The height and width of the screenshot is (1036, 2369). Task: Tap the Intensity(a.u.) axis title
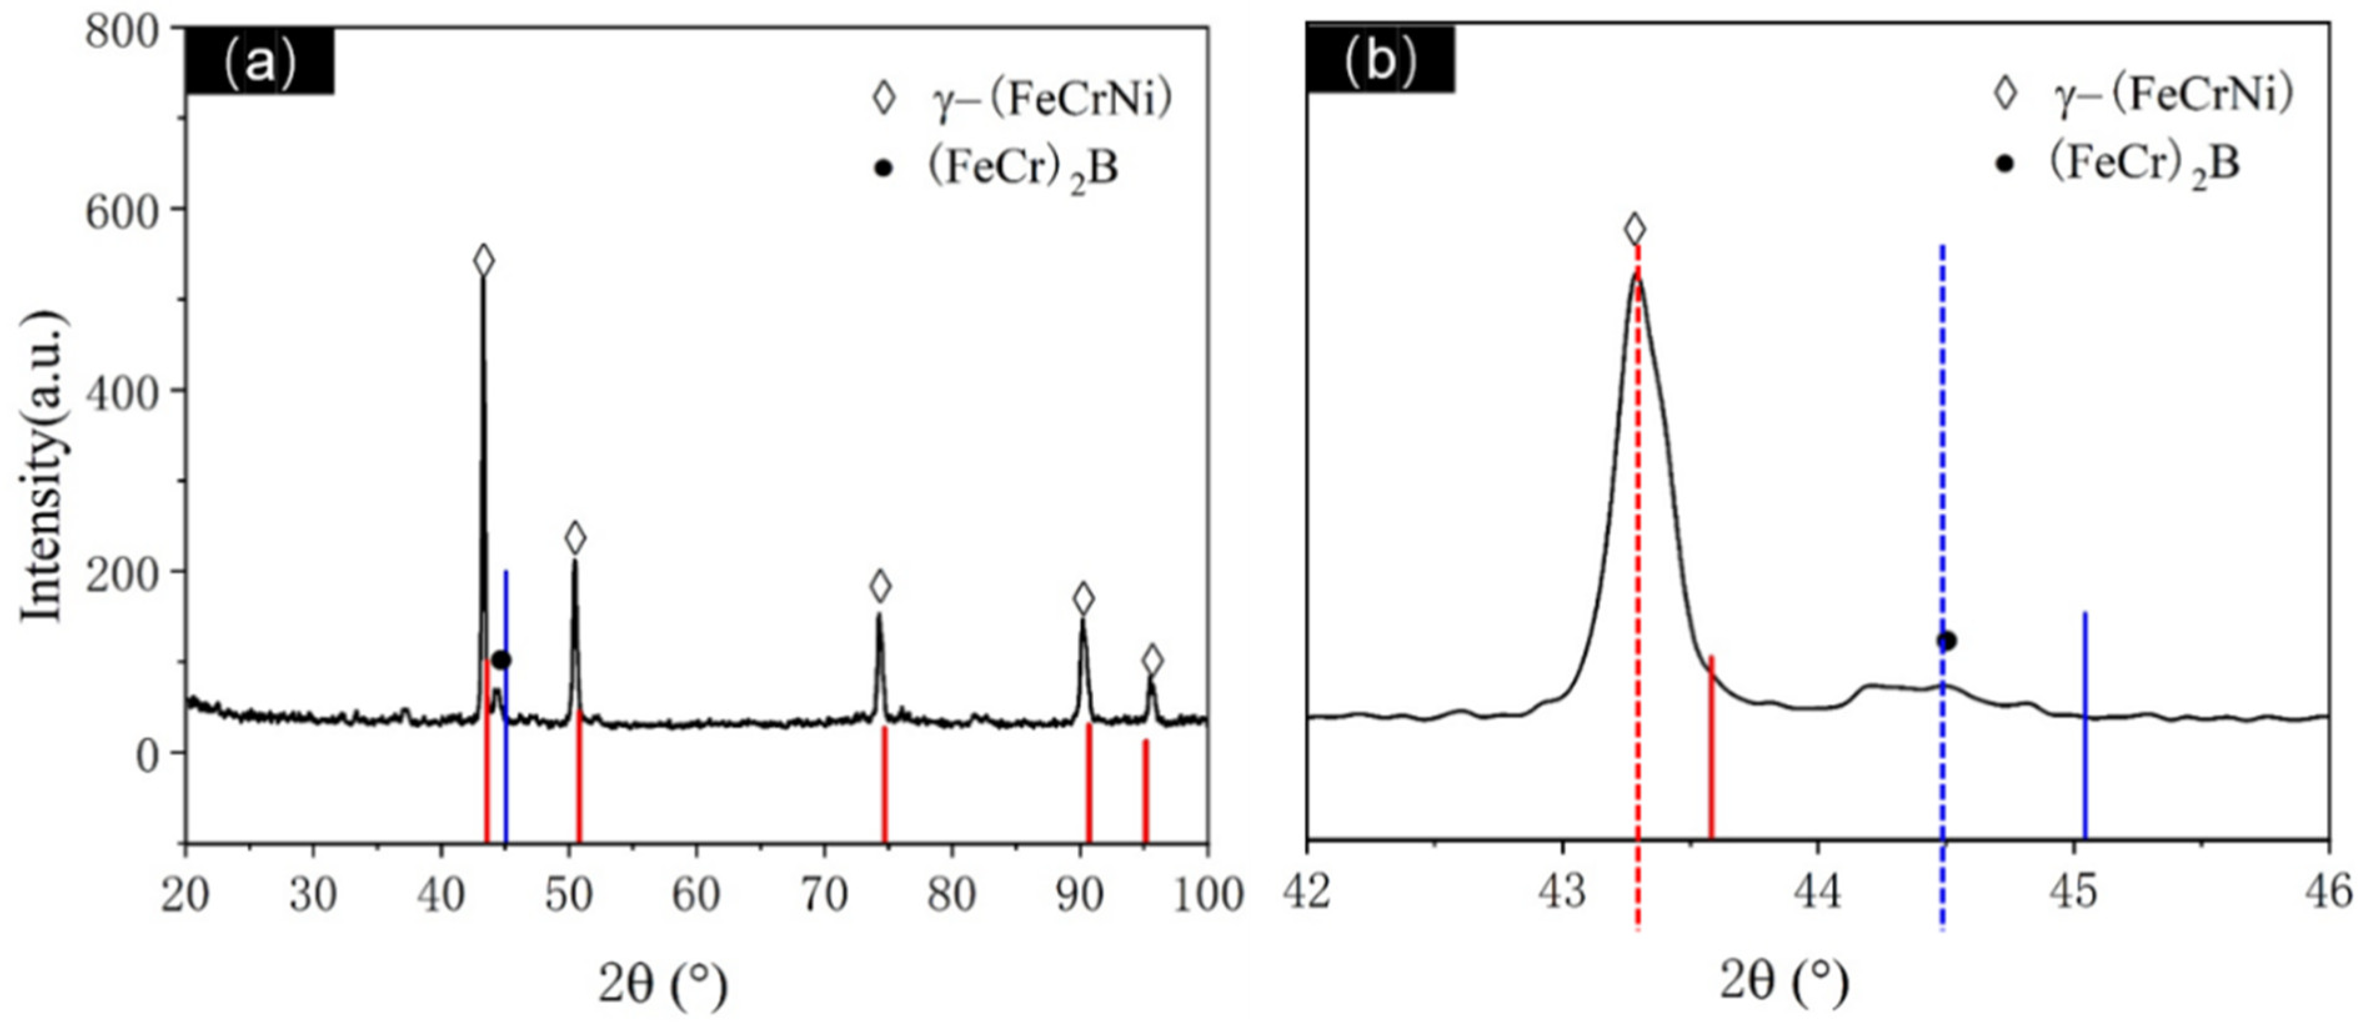click(42, 467)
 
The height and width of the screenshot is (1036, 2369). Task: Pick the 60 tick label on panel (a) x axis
click(696, 894)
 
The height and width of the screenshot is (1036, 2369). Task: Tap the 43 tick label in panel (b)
click(1561, 892)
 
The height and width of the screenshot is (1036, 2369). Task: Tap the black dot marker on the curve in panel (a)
click(501, 660)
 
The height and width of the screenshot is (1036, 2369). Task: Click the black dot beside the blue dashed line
click(1947, 641)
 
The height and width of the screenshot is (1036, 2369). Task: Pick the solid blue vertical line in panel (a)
click(506, 698)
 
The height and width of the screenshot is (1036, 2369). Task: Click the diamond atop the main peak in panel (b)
click(1635, 229)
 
